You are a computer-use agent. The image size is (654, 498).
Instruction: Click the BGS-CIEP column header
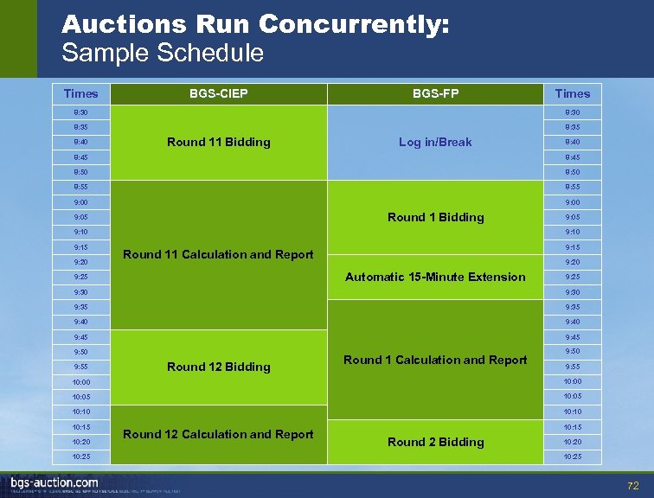tap(219, 93)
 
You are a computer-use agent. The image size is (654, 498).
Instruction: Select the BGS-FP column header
tap(435, 93)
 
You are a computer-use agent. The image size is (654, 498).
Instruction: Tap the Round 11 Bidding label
tap(219, 142)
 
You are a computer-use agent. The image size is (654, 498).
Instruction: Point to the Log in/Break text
tap(435, 142)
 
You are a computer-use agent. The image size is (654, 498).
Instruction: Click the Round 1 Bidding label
tap(435, 217)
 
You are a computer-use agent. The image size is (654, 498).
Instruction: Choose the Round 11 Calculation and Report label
tap(219, 254)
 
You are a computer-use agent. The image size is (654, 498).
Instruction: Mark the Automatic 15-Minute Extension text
tap(435, 277)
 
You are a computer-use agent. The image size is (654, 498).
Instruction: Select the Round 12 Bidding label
tap(219, 367)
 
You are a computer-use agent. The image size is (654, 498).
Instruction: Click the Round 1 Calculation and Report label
tap(435, 360)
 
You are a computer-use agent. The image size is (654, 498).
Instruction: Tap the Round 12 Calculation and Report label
tap(219, 434)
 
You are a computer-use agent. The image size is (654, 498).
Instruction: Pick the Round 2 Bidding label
tap(435, 442)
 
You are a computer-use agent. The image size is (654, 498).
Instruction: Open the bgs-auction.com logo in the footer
tap(54, 482)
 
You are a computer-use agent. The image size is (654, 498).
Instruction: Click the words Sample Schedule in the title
tap(163, 53)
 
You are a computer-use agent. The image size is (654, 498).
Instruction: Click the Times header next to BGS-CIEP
tap(80, 93)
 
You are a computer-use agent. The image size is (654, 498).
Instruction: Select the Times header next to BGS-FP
tap(572, 93)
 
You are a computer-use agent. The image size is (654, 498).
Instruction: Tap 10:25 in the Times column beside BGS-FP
tap(572, 456)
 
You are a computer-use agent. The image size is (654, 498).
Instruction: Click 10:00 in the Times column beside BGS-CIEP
tap(80, 381)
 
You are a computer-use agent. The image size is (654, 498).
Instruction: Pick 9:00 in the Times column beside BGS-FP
tap(572, 202)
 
